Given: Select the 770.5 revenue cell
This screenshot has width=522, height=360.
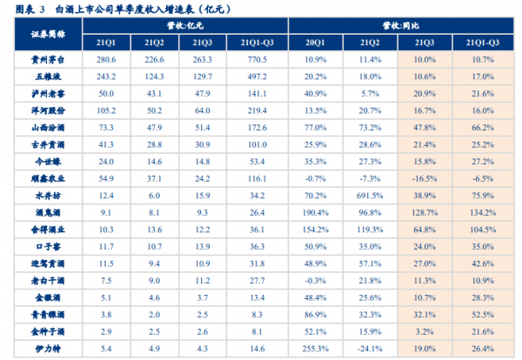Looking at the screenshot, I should coord(257,60).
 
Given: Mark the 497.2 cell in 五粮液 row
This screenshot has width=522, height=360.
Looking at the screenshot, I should coord(257,77).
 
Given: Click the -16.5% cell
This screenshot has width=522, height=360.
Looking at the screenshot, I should coord(425,179).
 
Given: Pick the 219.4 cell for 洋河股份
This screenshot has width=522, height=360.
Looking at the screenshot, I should coord(257,111).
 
